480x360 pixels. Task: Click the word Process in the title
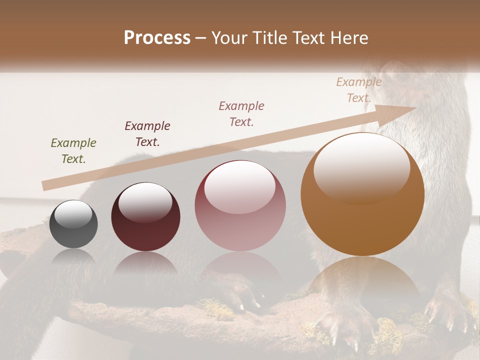157,38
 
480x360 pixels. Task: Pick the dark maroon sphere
145,217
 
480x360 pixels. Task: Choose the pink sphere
240,206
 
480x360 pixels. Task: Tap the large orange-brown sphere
362,195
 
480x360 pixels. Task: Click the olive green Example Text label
73,151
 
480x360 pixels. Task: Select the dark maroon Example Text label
147,134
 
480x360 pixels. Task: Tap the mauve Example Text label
241,113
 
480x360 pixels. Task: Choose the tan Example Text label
358,90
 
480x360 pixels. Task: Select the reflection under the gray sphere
73,257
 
